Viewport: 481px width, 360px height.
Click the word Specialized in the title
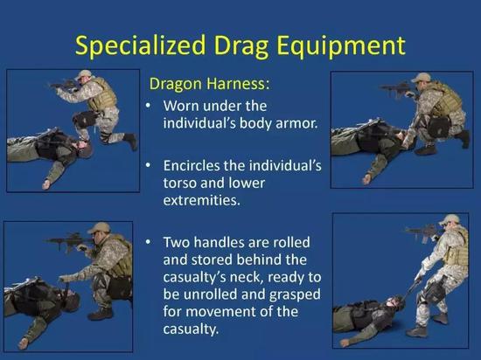click(x=140, y=46)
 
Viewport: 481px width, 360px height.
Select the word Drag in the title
click(x=240, y=46)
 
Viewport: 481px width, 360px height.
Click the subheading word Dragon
click(x=175, y=84)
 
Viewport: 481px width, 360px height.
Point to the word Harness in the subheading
click(x=236, y=83)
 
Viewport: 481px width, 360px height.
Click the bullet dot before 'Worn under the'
click(x=149, y=107)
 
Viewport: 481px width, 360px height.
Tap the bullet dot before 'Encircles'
click(x=149, y=166)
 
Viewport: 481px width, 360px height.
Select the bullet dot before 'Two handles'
click(x=149, y=242)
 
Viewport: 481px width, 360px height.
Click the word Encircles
click(x=192, y=166)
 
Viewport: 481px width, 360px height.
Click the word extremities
click(x=201, y=200)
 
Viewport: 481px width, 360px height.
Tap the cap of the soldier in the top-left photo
click(x=83, y=74)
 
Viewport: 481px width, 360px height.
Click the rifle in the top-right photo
click(x=394, y=89)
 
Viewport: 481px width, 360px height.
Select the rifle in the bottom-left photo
click(x=69, y=240)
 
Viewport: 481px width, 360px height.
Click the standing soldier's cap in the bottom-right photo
click(x=450, y=219)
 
